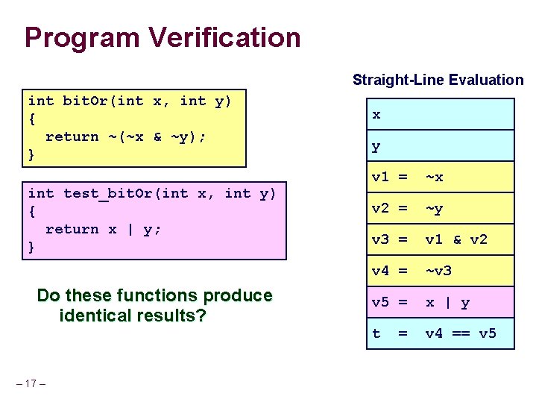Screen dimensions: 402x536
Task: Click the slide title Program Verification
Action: tap(163, 37)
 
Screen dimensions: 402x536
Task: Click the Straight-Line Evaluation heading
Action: tap(438, 80)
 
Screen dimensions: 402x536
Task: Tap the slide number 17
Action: tap(31, 384)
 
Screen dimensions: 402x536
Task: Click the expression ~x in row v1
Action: tap(434, 177)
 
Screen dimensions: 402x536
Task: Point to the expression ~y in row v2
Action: tap(434, 209)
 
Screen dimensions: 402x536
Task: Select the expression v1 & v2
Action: tap(455, 239)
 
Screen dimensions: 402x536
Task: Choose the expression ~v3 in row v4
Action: tap(438, 271)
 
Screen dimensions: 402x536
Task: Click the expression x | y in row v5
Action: tap(447, 303)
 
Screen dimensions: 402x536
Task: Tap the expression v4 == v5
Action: tap(460, 333)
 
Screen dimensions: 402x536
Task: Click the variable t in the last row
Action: tap(376, 333)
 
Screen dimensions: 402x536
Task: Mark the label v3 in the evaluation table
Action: tap(380, 239)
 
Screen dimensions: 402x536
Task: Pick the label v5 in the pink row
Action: tap(380, 303)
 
